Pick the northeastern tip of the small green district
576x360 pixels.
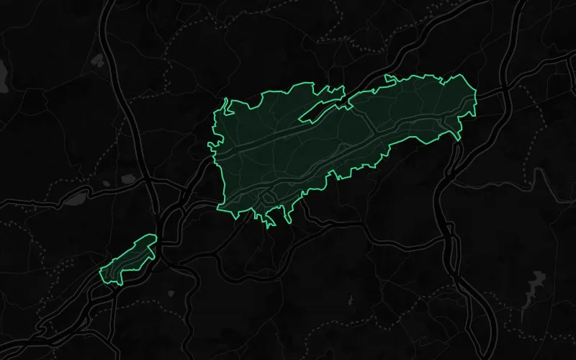click(x=153, y=236)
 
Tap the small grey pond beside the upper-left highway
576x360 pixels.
click(x=128, y=178)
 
